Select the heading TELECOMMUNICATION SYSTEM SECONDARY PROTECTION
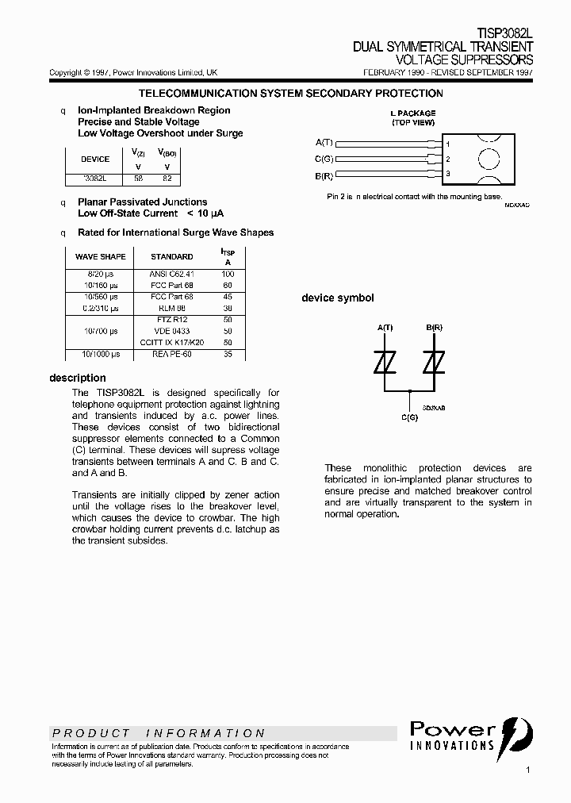(291, 93)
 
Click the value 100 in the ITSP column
(228, 274)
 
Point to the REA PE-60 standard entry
(171, 354)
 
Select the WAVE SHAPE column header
(100, 256)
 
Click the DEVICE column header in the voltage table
(95, 159)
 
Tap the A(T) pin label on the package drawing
(324, 143)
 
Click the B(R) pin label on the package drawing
(324, 175)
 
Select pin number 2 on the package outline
(448, 159)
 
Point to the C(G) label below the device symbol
(409, 417)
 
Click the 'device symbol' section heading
(337, 298)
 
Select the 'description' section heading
(78, 378)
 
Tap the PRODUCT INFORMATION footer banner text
(159, 733)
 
